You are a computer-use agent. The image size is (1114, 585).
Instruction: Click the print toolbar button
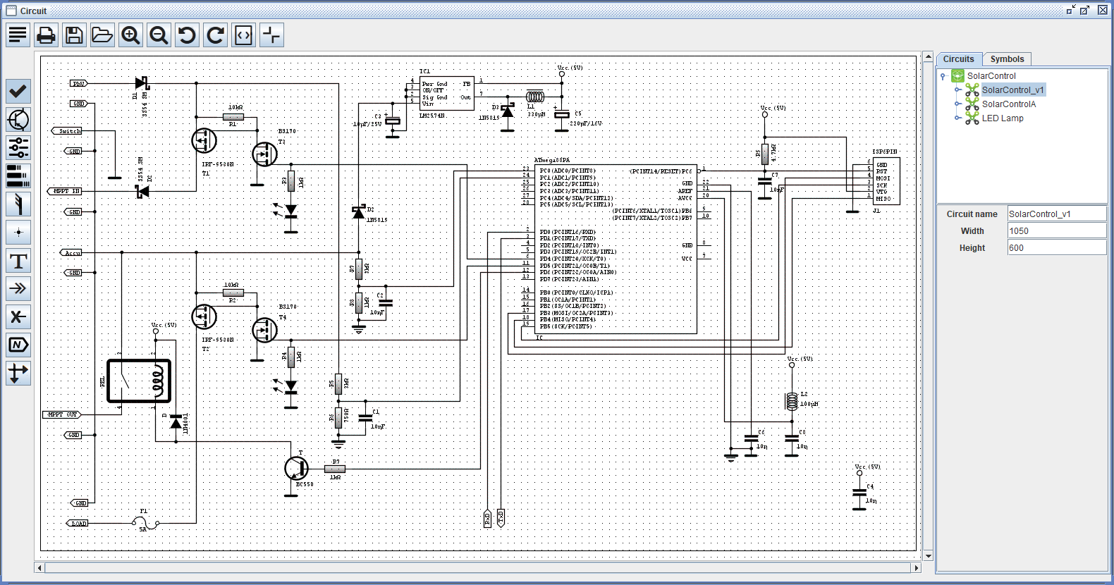coord(46,35)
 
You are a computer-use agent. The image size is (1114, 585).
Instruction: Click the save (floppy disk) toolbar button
coord(74,35)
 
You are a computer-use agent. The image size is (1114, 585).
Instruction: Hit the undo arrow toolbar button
coord(187,35)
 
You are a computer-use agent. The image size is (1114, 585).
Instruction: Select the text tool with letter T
coord(18,261)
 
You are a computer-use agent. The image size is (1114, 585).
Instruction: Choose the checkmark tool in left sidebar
coord(18,91)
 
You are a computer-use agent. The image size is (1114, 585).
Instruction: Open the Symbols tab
coord(1006,59)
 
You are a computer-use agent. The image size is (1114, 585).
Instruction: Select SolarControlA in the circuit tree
coord(1008,104)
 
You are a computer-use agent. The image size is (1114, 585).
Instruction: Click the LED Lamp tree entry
coord(1002,118)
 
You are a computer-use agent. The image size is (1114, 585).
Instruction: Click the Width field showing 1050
coord(1055,231)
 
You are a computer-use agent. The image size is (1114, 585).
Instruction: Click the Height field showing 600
coord(1055,248)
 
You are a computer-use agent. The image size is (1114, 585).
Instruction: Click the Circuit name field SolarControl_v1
coord(1055,214)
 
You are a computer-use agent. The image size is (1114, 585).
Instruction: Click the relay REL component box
coord(139,381)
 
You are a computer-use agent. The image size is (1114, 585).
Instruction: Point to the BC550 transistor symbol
coord(296,467)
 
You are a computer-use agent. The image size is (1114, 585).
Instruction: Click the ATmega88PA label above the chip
coord(551,161)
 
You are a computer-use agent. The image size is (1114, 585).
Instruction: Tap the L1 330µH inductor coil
coord(535,97)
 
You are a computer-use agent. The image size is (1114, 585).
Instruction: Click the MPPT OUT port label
coord(62,414)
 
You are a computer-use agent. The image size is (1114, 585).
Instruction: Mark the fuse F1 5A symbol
coord(145,523)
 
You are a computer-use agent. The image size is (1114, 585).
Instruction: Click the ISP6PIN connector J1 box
coord(886,181)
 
